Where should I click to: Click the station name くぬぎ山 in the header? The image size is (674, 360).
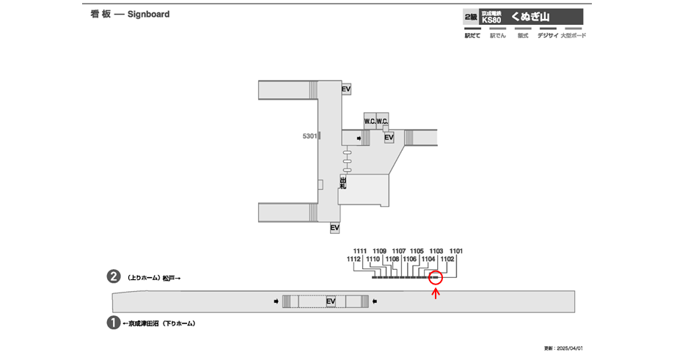point(530,16)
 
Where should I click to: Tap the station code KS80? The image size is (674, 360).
point(491,20)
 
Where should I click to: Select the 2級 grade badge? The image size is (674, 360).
point(470,16)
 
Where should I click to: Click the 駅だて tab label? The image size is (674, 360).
point(472,35)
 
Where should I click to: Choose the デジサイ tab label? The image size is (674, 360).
point(547,35)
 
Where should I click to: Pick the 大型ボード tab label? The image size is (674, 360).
point(573,35)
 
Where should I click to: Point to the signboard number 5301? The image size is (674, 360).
point(309,136)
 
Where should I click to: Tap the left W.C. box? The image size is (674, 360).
point(370,121)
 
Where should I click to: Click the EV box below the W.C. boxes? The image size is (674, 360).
point(389,137)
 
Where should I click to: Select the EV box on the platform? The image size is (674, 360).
point(331,301)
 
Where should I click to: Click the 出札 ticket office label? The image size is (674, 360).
point(342,183)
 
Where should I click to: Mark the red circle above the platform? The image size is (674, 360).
point(435,278)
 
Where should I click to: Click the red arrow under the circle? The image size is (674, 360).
point(436,295)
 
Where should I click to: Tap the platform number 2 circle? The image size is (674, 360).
point(114,278)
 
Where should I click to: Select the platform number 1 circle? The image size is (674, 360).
point(114,323)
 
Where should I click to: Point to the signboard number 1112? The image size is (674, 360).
point(354,259)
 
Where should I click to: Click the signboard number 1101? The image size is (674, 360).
point(456,251)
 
